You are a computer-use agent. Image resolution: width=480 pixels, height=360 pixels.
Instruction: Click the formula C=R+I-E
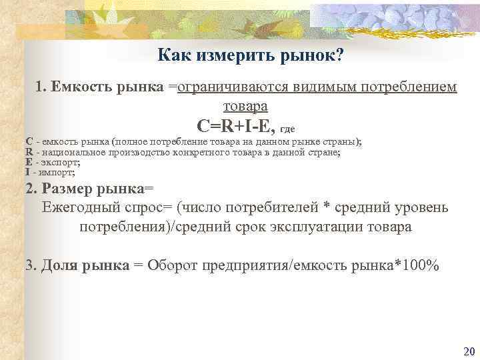point(236,125)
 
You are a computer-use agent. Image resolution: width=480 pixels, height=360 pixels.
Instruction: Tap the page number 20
point(467,351)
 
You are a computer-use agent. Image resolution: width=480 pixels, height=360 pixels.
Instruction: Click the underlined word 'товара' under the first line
point(245,105)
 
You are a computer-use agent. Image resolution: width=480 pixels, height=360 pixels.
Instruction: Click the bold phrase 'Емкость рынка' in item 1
point(107,87)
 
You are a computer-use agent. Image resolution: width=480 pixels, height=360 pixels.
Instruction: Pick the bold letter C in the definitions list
point(29,142)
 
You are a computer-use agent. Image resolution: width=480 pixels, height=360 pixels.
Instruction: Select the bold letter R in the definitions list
point(29,152)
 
